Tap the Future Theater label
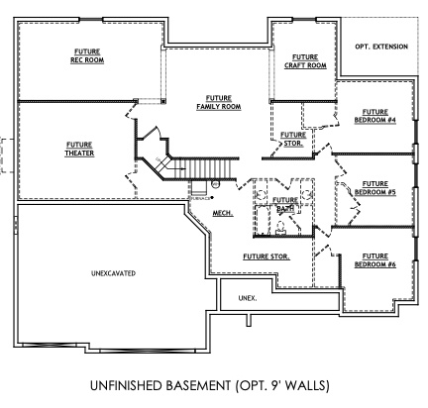pos(79,149)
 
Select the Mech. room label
pos(223,213)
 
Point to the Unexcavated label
pos(112,272)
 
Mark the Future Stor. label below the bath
pos(266,256)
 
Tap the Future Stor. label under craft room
pos(292,139)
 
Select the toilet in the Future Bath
pos(280,227)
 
